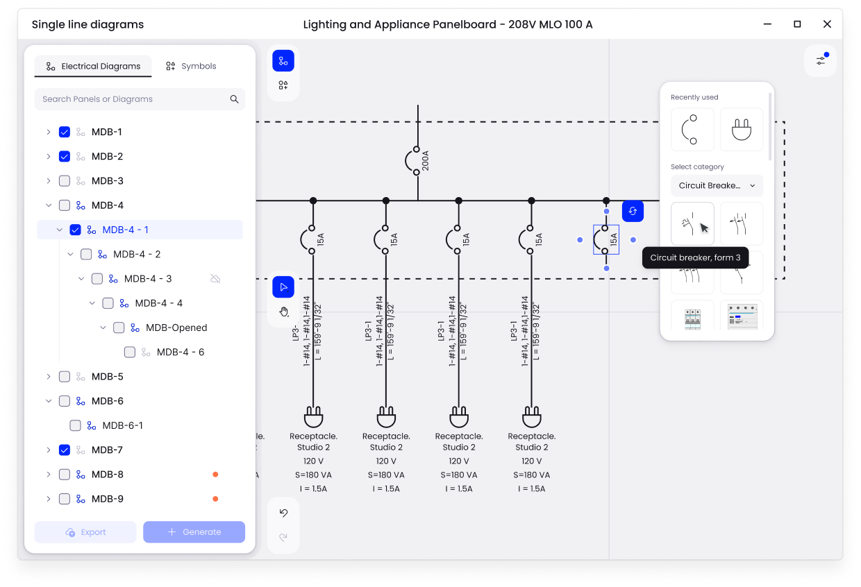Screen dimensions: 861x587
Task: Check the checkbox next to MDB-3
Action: [x=65, y=181]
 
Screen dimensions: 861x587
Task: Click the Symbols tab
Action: [x=191, y=66]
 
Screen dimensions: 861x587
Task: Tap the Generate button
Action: [x=194, y=532]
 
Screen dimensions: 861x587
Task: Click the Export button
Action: [x=85, y=532]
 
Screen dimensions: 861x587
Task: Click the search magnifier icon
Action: [x=234, y=99]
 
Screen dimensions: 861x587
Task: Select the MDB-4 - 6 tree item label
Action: [x=181, y=352]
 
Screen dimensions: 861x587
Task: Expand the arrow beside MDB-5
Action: [x=49, y=377]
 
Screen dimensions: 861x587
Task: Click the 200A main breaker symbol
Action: [x=410, y=160]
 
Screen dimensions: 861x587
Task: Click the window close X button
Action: [x=827, y=24]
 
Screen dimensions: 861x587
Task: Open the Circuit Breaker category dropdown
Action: [x=717, y=185]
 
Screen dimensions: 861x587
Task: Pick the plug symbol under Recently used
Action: [x=741, y=130]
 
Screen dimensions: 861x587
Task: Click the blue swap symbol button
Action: [x=633, y=211]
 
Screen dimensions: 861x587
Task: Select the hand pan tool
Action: [x=284, y=312]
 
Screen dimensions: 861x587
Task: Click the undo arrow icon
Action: [x=284, y=513]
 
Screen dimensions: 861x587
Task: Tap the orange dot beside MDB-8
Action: [x=215, y=475]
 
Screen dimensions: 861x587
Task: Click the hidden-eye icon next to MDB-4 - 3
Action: [x=215, y=279]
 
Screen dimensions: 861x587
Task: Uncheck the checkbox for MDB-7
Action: [x=65, y=450]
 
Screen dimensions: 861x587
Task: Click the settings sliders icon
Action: [x=821, y=60]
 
